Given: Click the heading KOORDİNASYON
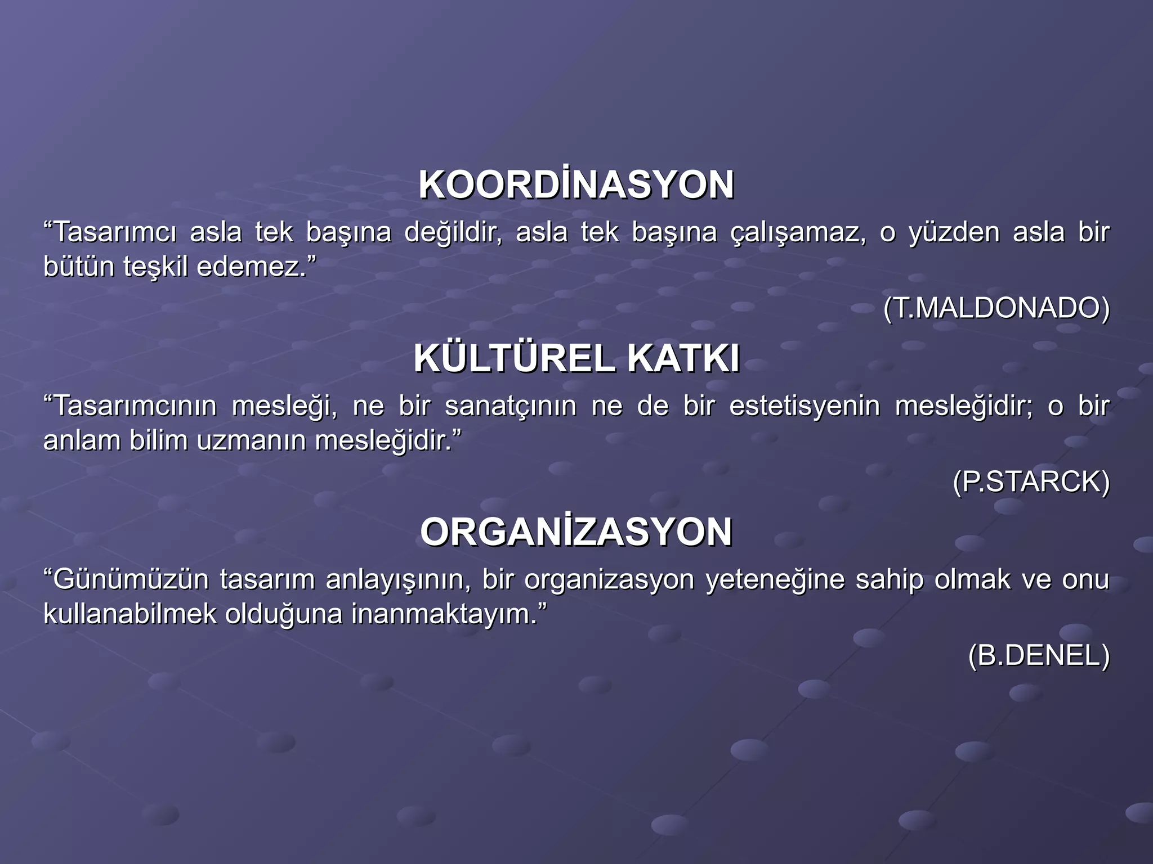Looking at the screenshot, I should pos(576,185).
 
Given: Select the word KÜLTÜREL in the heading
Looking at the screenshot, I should pos(514,359).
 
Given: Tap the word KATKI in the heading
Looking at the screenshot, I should pos(683,359).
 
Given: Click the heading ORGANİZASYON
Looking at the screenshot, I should pos(576,533).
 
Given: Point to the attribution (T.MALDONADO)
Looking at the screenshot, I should pos(996,308).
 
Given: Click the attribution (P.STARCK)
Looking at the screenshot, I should pos(1031,482).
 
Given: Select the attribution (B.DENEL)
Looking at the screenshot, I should pos(1039,656).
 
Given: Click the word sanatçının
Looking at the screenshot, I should pos(511,406).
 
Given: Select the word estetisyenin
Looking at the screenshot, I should pos(805,406).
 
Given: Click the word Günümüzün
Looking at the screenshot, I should pos(131,580).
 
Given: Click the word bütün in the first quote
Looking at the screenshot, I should pos(79,267).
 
